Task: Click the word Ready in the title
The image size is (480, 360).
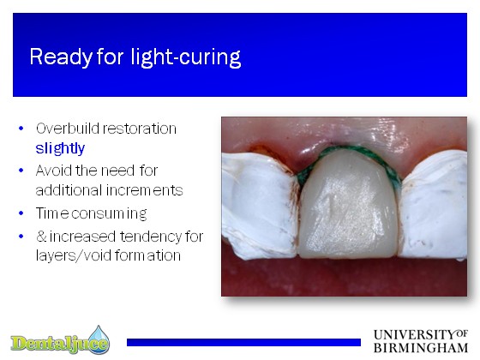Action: click(x=61, y=57)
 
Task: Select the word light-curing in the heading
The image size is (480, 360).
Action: click(x=186, y=57)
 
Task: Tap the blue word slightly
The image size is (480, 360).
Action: click(x=60, y=148)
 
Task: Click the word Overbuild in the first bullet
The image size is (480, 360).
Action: click(x=67, y=129)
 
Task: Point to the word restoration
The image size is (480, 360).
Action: click(x=139, y=129)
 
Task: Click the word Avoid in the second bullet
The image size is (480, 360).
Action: click(x=53, y=171)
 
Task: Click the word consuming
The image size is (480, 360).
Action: click(x=109, y=213)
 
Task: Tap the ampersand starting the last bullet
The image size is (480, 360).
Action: click(x=41, y=237)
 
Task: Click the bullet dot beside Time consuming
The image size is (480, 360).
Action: click(x=21, y=213)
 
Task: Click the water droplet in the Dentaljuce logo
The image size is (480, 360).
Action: click(x=99, y=337)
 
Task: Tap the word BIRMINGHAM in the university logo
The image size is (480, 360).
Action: click(x=421, y=348)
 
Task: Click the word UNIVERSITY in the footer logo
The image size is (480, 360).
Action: click(x=415, y=335)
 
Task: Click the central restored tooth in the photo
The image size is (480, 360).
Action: click(x=349, y=206)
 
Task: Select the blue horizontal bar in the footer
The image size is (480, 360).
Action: click(x=243, y=342)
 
